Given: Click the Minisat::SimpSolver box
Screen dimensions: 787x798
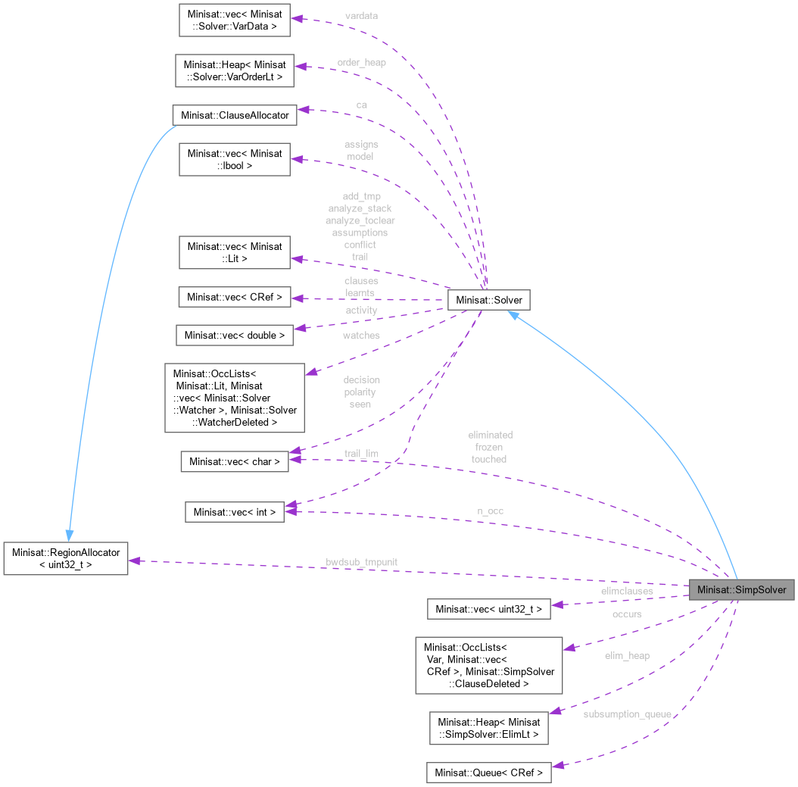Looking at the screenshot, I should [x=742, y=589].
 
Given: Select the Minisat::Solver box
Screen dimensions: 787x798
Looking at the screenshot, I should [x=488, y=300].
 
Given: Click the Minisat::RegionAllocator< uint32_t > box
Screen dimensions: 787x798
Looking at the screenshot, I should [x=65, y=557].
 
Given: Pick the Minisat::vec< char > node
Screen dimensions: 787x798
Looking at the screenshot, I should [x=235, y=461].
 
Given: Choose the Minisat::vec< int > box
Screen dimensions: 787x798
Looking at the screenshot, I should [x=235, y=512].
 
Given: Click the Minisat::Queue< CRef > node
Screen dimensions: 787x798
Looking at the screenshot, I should [x=488, y=773].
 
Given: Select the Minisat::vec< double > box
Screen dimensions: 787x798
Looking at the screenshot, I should [x=234, y=335].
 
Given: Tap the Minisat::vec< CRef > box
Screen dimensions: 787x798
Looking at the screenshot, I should [x=234, y=297].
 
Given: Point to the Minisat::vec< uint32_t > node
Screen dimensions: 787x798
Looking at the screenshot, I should [x=488, y=608].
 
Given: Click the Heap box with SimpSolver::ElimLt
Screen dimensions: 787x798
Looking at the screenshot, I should [x=488, y=728].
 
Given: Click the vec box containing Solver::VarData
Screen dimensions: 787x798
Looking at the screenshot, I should [x=234, y=20].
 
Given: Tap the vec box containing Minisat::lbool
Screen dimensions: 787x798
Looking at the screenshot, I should [x=234, y=159].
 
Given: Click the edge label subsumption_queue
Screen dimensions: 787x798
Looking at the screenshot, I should [x=627, y=714].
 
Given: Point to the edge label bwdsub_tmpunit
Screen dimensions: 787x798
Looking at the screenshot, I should [x=361, y=562].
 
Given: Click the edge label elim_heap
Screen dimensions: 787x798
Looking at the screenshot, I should [x=626, y=655].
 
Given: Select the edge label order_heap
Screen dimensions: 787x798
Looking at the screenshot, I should [x=361, y=62].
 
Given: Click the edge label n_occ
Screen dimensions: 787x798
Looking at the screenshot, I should [x=490, y=511].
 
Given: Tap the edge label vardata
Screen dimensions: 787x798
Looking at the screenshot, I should [x=361, y=15].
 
